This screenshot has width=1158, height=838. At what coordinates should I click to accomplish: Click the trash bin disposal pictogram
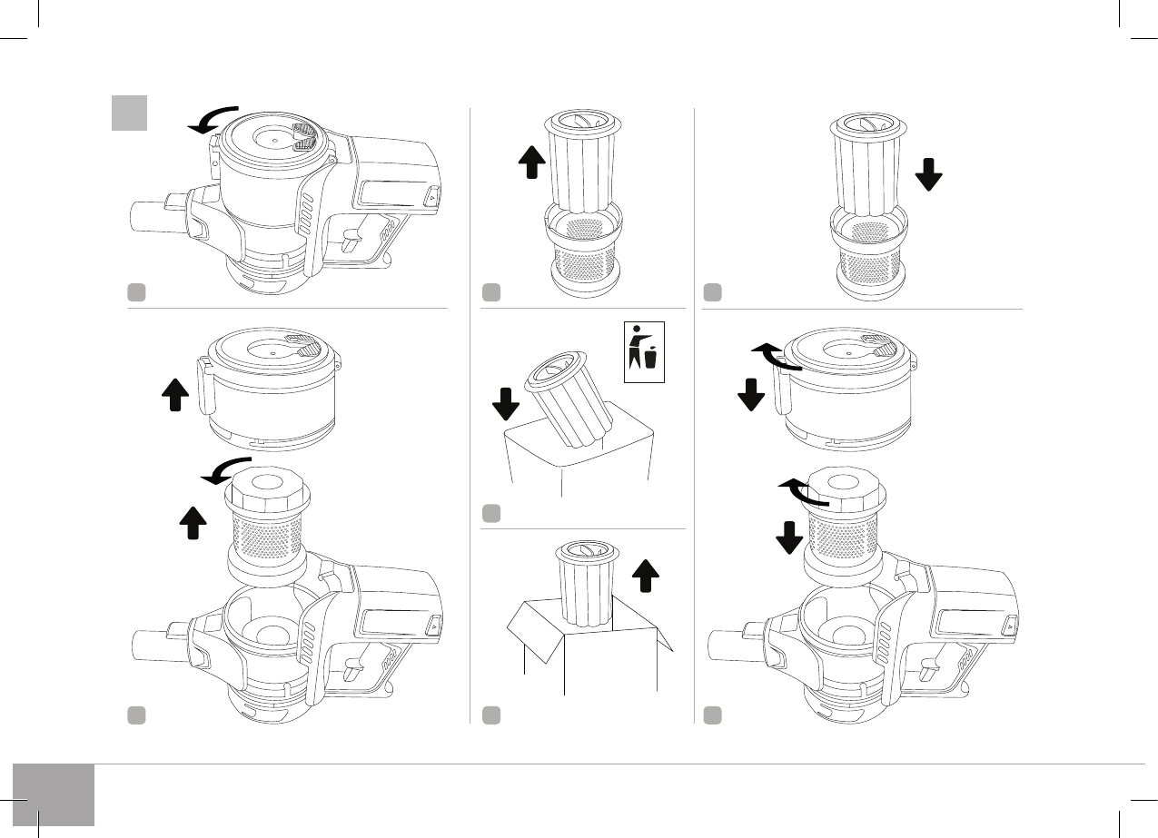point(645,351)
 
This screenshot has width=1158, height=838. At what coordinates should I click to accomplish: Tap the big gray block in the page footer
point(54,794)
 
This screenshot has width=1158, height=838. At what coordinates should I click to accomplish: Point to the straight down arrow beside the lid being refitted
point(751,394)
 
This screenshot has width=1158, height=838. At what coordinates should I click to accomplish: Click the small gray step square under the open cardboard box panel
point(491,715)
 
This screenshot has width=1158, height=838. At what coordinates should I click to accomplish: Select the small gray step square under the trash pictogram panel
point(491,514)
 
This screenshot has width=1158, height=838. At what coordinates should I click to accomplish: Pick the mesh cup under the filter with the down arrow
point(869,256)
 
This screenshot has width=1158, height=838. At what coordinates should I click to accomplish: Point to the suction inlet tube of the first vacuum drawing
point(146,216)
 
